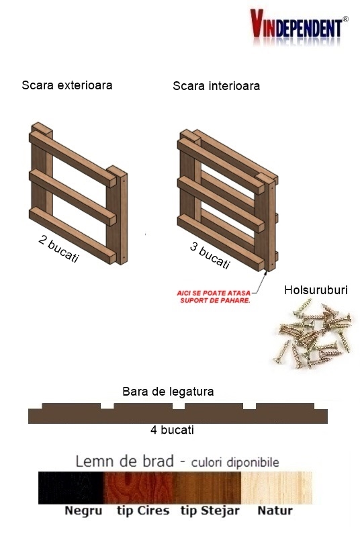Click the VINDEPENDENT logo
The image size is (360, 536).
[300, 28]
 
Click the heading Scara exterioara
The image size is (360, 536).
[66, 85]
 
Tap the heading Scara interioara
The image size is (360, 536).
[216, 86]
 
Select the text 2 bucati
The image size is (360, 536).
[58, 249]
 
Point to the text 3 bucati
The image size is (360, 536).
[210, 256]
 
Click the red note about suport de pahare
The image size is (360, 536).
[214, 297]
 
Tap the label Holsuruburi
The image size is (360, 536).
[316, 290]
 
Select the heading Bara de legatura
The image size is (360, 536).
[168, 391]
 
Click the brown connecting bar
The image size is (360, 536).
[177, 414]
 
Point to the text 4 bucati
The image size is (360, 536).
[172, 430]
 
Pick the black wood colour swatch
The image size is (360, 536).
[71, 488]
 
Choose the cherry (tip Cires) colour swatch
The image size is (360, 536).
[138, 488]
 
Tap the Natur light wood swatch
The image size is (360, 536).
[276, 488]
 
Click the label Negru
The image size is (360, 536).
[83, 510]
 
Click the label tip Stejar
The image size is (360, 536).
[210, 510]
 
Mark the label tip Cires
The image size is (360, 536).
[143, 510]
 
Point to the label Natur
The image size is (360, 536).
[275, 510]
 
